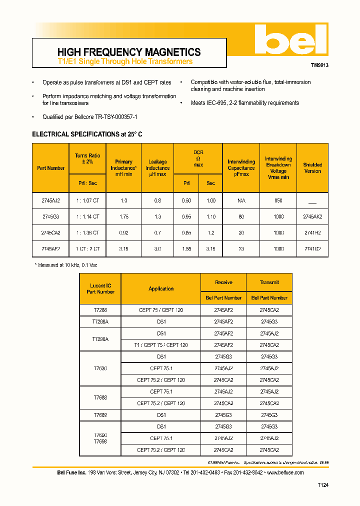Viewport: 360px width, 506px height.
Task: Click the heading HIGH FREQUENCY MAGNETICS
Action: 129,52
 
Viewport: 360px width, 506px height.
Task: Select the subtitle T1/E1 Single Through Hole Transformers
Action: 125,61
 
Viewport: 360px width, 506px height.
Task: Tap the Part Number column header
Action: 50,168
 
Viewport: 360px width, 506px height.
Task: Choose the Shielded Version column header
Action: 312,168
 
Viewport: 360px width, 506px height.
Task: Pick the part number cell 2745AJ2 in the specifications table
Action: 50,200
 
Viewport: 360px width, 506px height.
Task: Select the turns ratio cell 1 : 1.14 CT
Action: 87,216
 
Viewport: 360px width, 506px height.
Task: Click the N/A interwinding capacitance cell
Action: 241,200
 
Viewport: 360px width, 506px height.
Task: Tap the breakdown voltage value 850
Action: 278,200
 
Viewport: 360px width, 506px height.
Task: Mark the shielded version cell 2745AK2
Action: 312,216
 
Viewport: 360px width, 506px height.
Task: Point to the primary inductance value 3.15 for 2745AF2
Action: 123,248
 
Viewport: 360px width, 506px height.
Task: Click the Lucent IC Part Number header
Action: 100,289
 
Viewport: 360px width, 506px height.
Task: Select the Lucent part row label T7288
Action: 100,310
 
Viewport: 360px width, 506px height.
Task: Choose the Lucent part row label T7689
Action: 100,415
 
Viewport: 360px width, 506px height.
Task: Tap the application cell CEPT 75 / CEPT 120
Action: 161,310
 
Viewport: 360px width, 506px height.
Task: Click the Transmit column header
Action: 269,282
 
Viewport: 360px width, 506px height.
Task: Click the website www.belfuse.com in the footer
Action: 286,472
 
